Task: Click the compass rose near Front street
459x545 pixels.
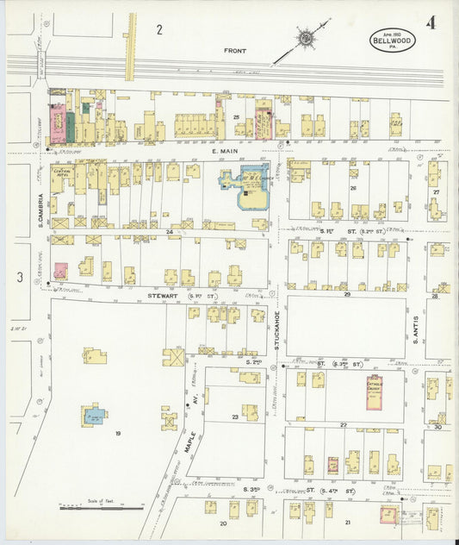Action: pos(307,38)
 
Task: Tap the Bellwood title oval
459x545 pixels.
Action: pos(391,40)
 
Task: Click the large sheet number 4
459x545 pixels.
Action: pos(430,22)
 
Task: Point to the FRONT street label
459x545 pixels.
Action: pos(235,51)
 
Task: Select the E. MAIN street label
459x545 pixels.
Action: pos(223,151)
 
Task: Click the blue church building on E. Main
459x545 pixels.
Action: pos(246,182)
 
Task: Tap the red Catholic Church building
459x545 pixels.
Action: pos(374,392)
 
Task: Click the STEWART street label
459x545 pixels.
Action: pos(161,296)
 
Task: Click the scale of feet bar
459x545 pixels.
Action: pos(102,508)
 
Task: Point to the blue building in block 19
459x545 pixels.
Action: pos(95,417)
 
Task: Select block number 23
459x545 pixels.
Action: pos(234,417)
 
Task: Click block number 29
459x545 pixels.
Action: pos(347,294)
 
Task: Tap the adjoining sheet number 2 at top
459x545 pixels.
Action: pos(159,30)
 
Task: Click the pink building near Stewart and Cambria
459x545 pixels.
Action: pos(60,271)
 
